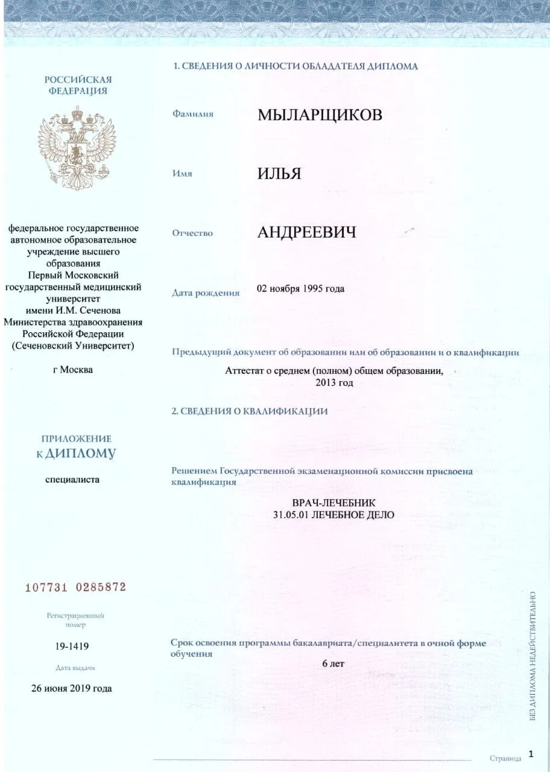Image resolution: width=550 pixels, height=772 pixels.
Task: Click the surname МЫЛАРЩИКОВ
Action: click(320, 115)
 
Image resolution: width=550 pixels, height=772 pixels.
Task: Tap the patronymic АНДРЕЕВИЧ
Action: click(306, 232)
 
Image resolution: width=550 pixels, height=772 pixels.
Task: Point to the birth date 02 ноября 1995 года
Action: click(300, 288)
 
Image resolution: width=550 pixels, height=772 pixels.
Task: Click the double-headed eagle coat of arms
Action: click(77, 148)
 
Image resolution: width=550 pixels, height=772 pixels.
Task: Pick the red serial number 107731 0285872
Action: click(75, 587)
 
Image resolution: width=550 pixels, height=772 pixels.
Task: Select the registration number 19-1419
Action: click(72, 647)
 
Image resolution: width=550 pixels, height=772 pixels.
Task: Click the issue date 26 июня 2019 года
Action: click(72, 688)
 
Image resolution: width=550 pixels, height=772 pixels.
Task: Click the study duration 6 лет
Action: click(333, 664)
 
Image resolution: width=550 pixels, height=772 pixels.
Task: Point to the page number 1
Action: click(531, 753)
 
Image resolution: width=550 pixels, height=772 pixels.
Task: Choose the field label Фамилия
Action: click(193, 113)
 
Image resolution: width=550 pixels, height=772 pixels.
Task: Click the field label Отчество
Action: click(192, 233)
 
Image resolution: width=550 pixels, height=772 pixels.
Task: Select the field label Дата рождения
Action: click(206, 293)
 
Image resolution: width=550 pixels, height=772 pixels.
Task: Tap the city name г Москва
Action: click(73, 369)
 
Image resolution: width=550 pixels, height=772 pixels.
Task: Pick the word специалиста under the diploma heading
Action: click(72, 479)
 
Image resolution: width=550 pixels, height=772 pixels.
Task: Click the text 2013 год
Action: click(333, 382)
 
